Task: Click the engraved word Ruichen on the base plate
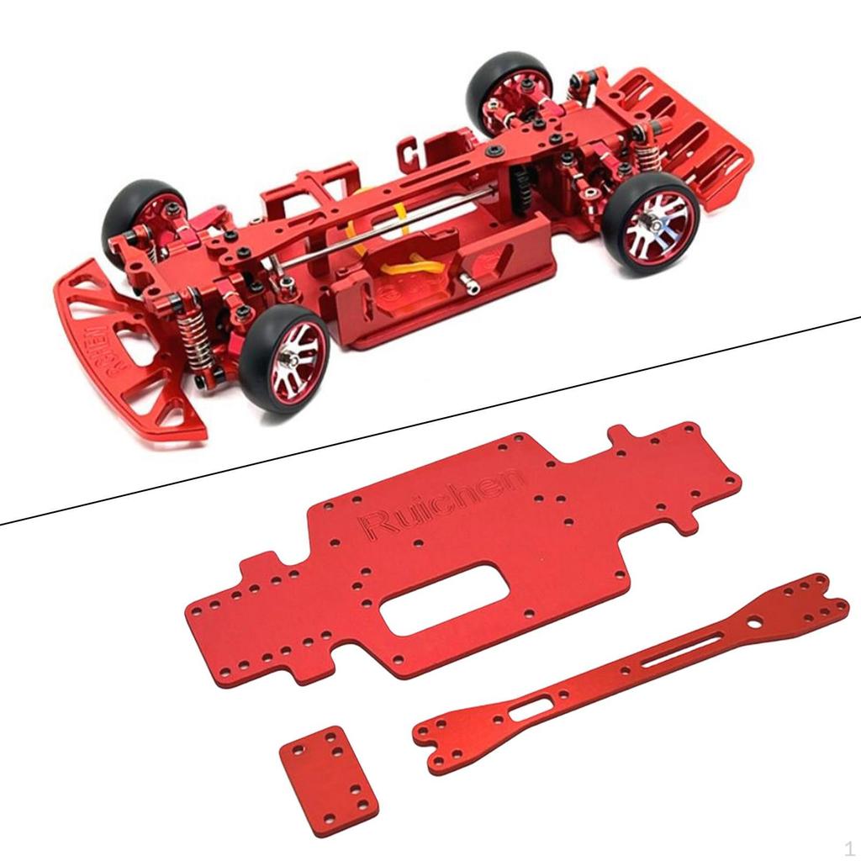[441, 504]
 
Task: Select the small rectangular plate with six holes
[329, 769]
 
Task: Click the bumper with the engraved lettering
[126, 353]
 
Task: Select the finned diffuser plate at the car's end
[689, 135]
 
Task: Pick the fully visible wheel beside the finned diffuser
[652, 223]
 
